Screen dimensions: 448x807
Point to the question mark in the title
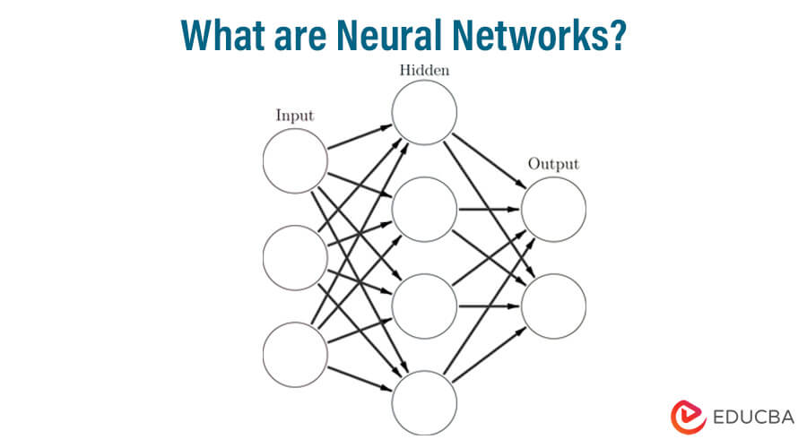[616, 35]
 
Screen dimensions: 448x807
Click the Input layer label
[294, 115]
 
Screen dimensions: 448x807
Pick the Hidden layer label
[424, 71]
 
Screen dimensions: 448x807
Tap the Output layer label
[553, 164]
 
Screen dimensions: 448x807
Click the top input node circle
[295, 161]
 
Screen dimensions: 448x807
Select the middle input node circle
[295, 257]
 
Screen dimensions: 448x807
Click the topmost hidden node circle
[424, 112]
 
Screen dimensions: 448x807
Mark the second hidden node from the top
[424, 210]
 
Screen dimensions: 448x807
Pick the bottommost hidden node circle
[424, 401]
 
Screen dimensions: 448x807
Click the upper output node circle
[553, 210]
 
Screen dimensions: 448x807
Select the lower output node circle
[553, 306]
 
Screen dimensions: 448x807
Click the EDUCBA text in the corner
[754, 417]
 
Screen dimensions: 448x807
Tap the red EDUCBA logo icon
[685, 417]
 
